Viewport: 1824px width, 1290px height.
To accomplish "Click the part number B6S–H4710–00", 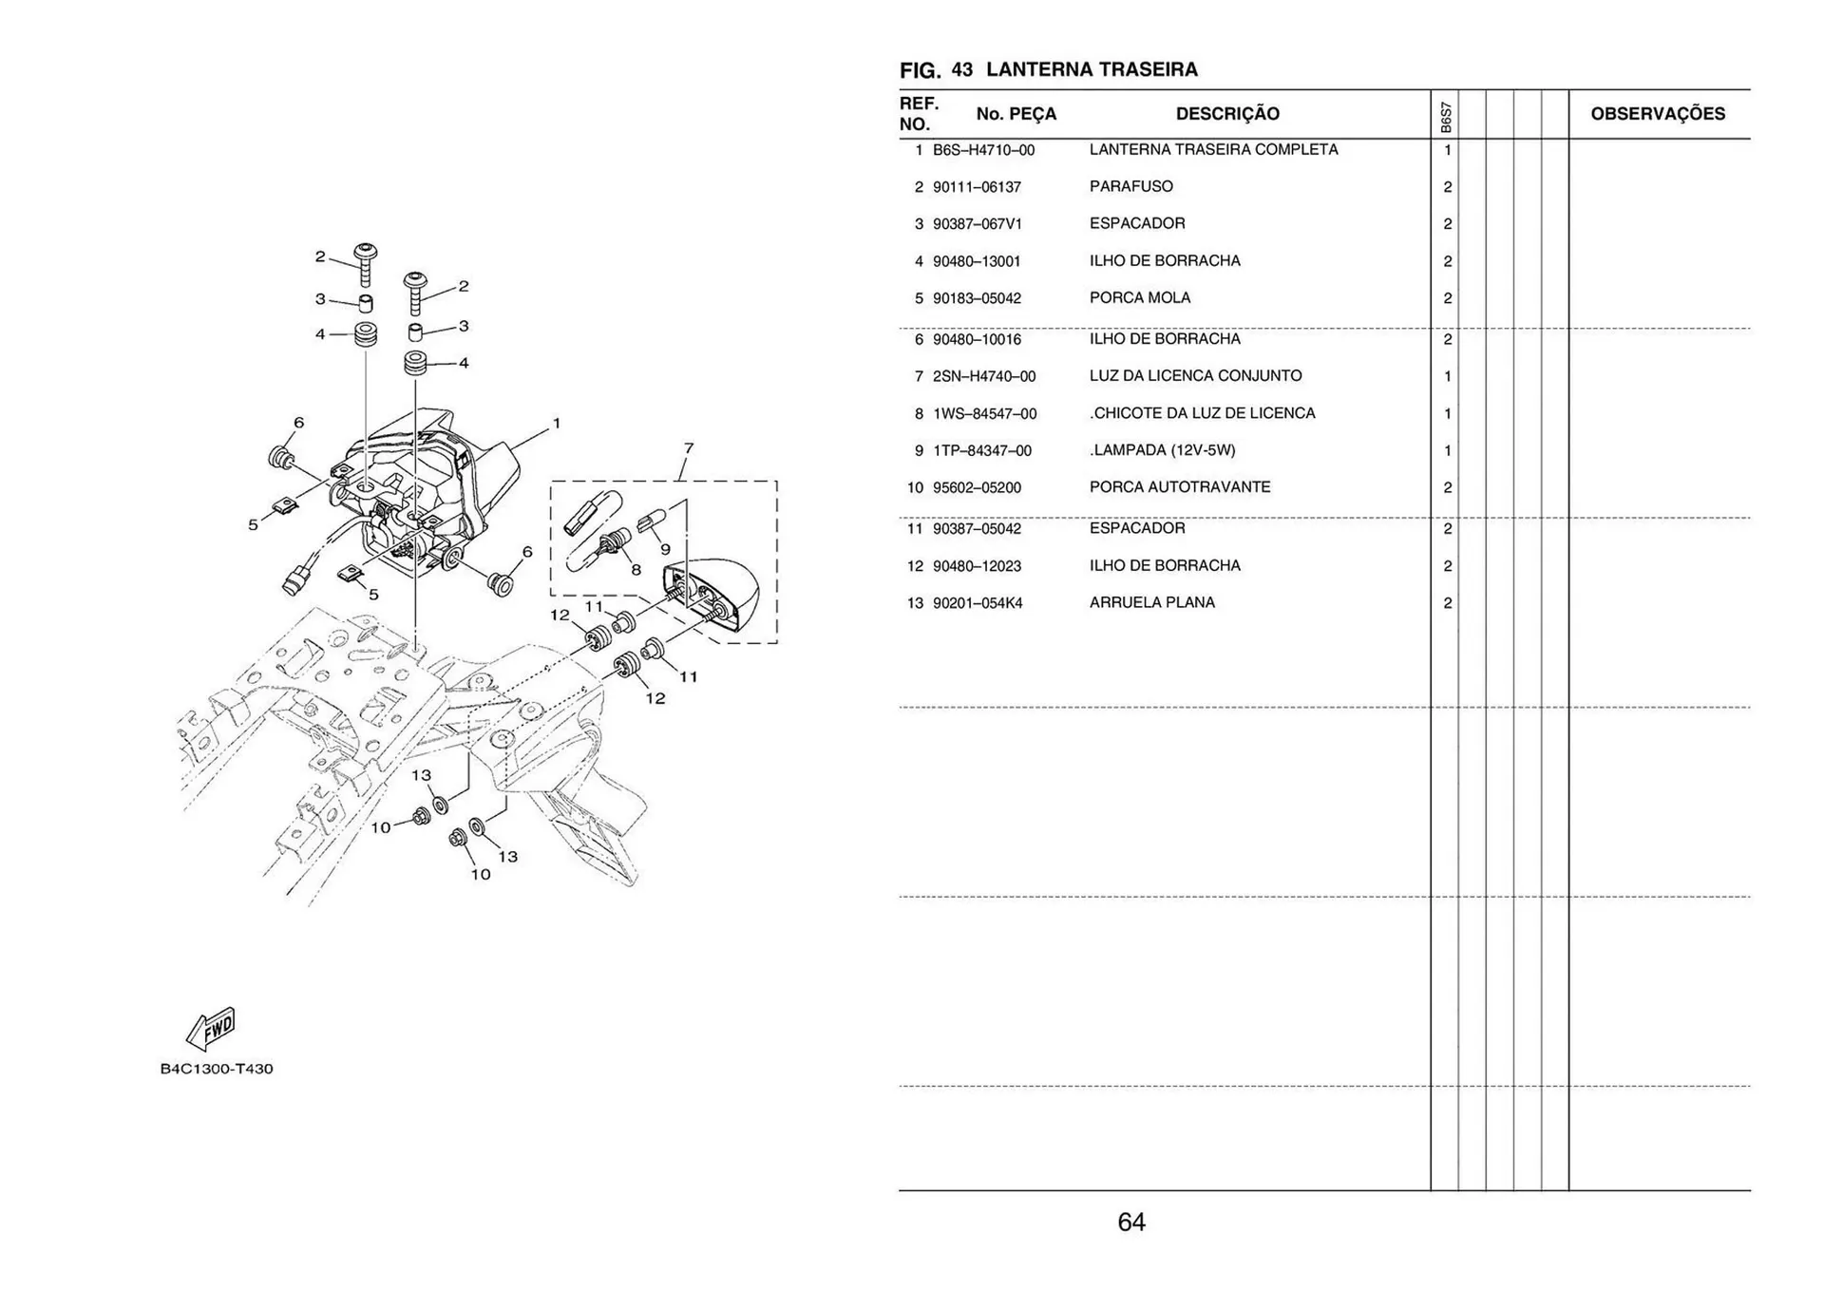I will [x=983, y=150].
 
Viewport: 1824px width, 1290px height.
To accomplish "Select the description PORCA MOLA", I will [x=1139, y=297].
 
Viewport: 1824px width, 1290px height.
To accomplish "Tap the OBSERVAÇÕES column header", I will [x=1657, y=114].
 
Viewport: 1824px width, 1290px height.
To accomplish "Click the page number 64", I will [x=1130, y=1222].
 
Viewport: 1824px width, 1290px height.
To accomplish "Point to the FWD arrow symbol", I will [x=211, y=1030].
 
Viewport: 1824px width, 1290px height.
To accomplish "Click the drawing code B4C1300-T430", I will [x=217, y=1069].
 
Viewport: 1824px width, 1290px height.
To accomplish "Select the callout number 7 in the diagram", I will [x=688, y=448].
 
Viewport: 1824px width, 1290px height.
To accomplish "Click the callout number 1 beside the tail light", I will [x=556, y=423].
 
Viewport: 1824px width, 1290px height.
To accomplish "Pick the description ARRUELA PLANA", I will [x=1151, y=602].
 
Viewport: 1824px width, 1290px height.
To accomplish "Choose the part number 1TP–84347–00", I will [x=981, y=450].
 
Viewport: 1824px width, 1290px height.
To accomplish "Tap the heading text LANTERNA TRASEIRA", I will [x=1092, y=69].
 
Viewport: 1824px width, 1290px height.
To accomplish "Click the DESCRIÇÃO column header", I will [x=1226, y=114].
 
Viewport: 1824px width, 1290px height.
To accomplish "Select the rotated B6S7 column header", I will [x=1445, y=117].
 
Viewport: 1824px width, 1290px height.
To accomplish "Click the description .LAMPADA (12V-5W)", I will [x=1162, y=450].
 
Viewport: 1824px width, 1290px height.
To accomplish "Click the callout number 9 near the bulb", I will [x=665, y=549].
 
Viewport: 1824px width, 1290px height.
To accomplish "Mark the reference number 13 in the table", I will [x=914, y=603].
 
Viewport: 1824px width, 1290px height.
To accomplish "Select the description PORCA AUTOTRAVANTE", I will [x=1179, y=486].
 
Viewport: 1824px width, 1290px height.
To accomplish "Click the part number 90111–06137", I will [x=977, y=187].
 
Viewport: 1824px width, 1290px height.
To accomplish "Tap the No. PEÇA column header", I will [x=1016, y=114].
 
